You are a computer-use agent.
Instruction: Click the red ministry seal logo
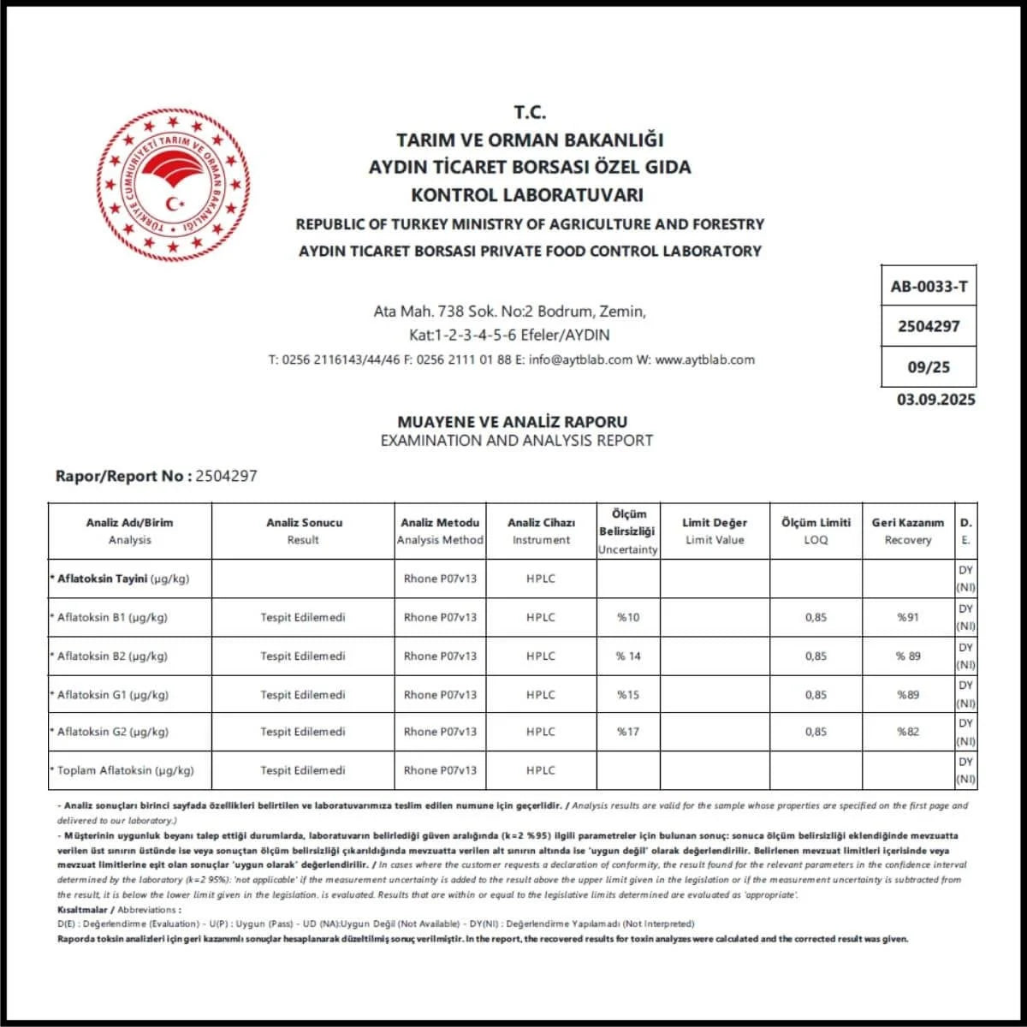coord(173,185)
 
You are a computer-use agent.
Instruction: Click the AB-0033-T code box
coord(929,287)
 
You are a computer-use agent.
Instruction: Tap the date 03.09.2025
coord(935,400)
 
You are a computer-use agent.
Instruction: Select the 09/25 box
coord(929,367)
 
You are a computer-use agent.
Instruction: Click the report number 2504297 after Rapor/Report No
coord(226,476)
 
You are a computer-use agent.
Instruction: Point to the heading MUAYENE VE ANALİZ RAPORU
coord(512,422)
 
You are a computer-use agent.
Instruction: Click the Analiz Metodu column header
coord(440,531)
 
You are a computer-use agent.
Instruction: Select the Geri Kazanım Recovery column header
coord(907,531)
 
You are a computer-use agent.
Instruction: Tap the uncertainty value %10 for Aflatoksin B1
coord(628,617)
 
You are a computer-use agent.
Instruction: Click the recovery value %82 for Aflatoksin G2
coord(907,732)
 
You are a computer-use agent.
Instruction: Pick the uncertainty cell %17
coord(628,732)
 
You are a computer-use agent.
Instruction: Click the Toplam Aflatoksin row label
coord(125,770)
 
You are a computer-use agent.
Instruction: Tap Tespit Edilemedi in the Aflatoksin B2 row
coord(303,656)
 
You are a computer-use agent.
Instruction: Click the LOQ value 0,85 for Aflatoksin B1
coord(816,617)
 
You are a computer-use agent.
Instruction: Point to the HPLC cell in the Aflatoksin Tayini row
coord(541,579)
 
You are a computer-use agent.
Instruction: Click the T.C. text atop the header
coord(530,112)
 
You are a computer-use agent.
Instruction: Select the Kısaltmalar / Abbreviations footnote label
coord(119,910)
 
